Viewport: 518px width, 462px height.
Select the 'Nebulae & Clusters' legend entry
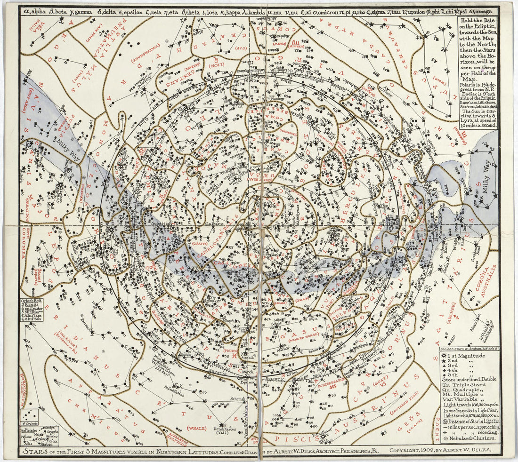coord(471,438)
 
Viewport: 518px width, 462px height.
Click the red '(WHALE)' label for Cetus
coord(195,428)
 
